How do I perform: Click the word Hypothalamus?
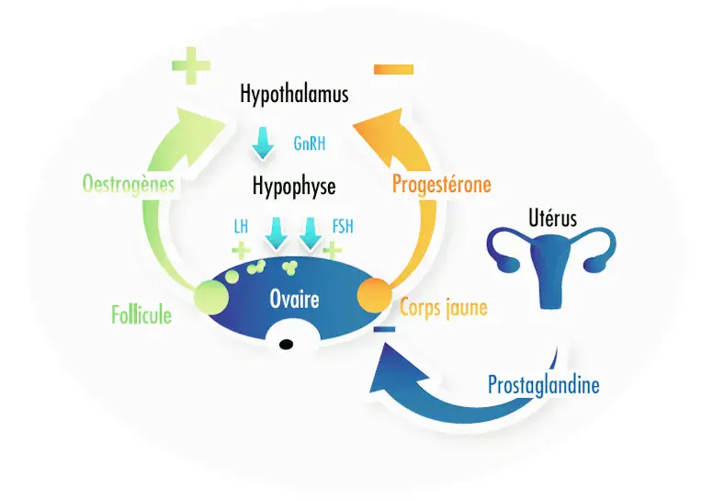click(x=294, y=94)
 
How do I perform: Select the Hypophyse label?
click(x=294, y=187)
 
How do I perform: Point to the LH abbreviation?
click(x=241, y=226)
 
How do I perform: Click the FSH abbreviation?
click(x=343, y=226)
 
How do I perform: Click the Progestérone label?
click(x=441, y=185)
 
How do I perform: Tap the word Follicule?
click(x=141, y=316)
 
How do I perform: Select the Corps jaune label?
click(x=443, y=308)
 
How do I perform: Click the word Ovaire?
click(x=294, y=299)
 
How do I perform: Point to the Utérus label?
click(x=553, y=219)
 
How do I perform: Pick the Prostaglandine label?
click(x=543, y=383)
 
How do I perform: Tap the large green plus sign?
click(x=191, y=66)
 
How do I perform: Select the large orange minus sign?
click(x=394, y=69)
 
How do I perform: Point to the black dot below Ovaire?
click(x=286, y=345)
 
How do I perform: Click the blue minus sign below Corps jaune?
click(x=385, y=328)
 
